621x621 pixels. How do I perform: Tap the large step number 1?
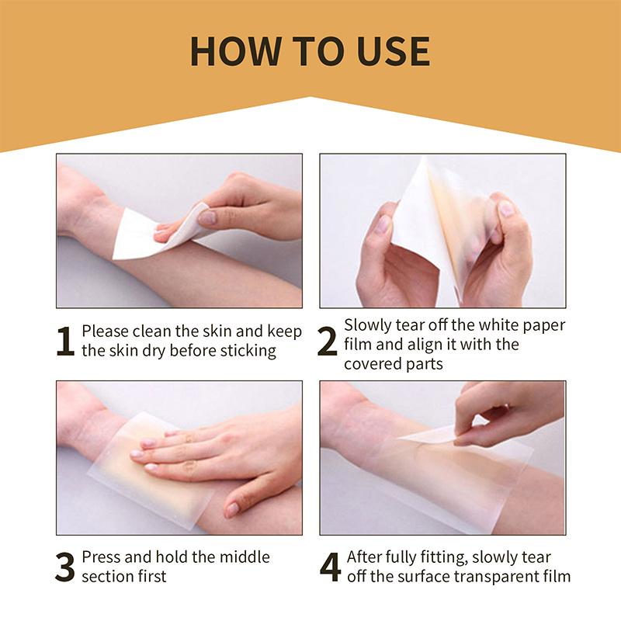[x=66, y=342]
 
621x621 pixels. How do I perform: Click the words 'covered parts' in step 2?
[x=394, y=363]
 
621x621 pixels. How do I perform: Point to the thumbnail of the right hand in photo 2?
[x=505, y=208]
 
